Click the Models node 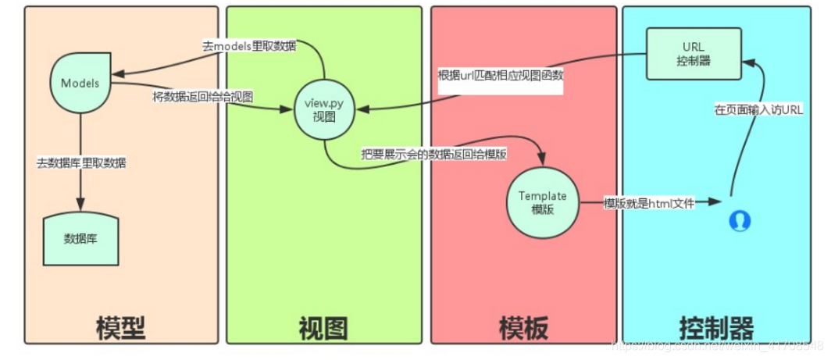(x=80, y=84)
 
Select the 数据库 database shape (x=80, y=238)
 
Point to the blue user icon (x=739, y=221)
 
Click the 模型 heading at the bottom (x=120, y=326)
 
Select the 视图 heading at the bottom (x=323, y=326)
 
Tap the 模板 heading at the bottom (x=523, y=326)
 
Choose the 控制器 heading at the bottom (x=716, y=326)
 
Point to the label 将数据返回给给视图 (x=203, y=98)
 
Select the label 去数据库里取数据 (x=81, y=164)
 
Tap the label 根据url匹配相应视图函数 (x=500, y=77)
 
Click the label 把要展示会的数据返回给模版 (x=434, y=154)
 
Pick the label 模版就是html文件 (x=648, y=203)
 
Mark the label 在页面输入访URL (x=758, y=110)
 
